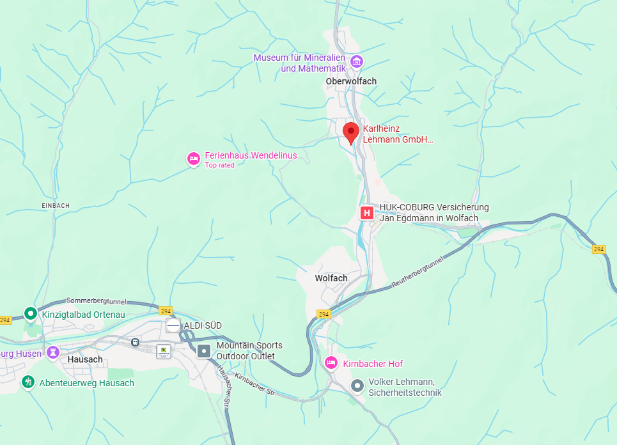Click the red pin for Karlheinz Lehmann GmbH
point(350,132)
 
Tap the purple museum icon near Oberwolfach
point(357,62)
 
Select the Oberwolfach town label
point(351,81)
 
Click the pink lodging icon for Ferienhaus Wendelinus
point(193,158)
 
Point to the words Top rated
point(219,165)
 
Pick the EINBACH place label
point(55,205)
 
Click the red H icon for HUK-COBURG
point(367,213)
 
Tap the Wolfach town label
point(331,278)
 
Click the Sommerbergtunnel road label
point(96,301)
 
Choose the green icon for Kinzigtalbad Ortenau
point(30,313)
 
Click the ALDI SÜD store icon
point(173,325)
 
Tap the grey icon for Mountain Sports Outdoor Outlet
point(204,350)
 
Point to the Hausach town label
point(85,359)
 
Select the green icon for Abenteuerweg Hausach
point(27,382)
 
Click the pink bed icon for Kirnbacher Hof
point(331,363)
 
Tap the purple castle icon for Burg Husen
point(53,352)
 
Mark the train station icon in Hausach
point(135,342)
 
